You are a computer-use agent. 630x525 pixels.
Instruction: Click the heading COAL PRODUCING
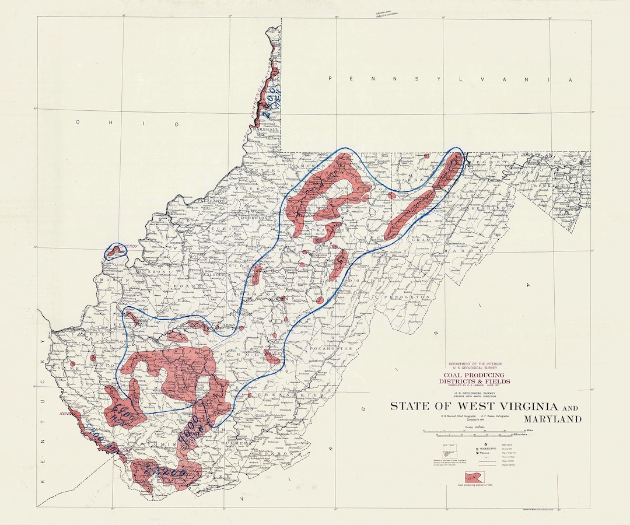(473, 375)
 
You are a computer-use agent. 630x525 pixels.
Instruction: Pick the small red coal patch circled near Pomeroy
(116, 251)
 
